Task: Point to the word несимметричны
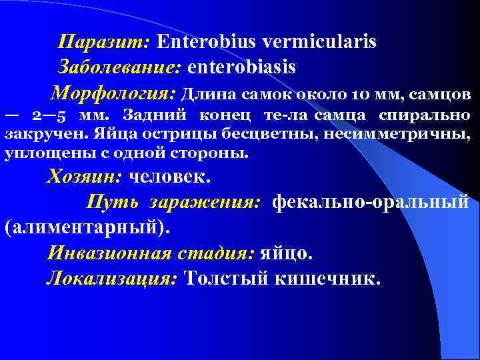tap(414, 134)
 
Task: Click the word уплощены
tap(34, 153)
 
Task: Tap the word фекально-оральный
tap(370, 201)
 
